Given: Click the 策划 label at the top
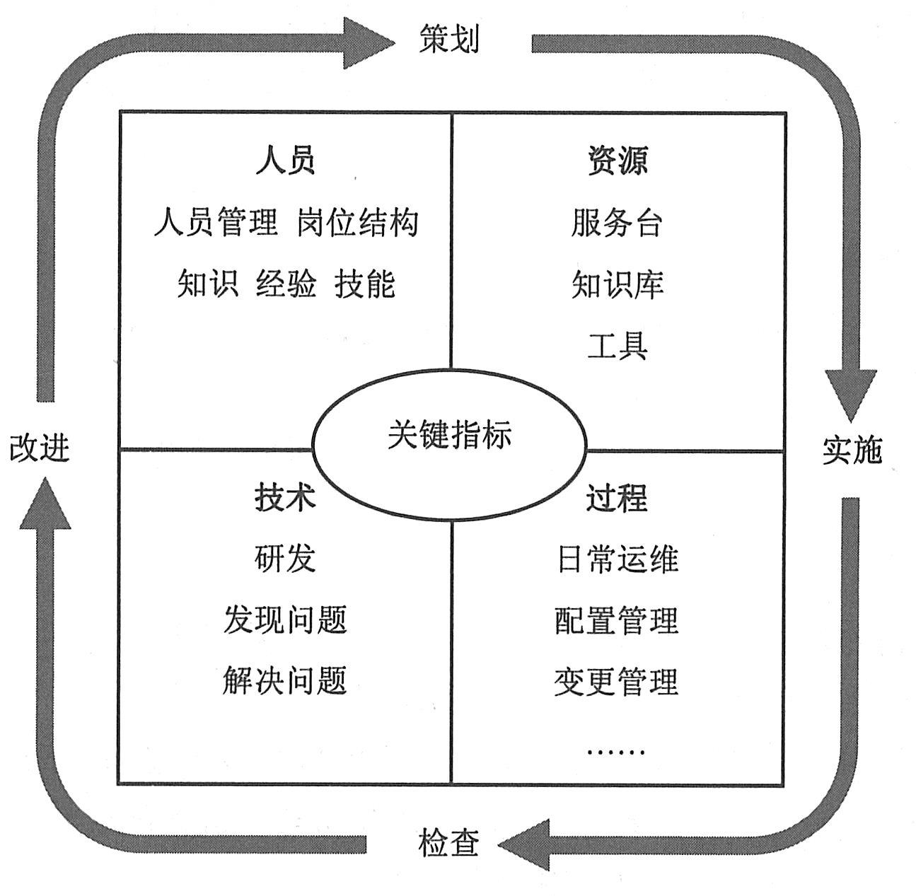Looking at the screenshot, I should (x=449, y=39).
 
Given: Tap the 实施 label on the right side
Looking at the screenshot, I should (x=852, y=450).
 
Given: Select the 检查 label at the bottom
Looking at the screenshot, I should (x=449, y=843).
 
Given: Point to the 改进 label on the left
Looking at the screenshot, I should (x=40, y=448).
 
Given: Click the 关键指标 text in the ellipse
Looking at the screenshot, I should (x=449, y=434).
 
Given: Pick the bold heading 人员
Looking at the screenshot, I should (x=285, y=161).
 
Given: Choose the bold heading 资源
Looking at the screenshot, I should (x=617, y=161).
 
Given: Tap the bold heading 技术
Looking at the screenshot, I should (x=285, y=497).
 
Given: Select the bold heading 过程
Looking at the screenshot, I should (x=617, y=497).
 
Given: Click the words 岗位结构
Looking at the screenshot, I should (x=358, y=223).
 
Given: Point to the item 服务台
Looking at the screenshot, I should (x=617, y=223).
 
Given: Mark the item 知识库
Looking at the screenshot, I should (x=617, y=284).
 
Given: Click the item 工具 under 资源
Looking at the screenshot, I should (x=617, y=347).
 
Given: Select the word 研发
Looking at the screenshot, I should (x=285, y=559).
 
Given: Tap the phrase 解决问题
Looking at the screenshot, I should (x=285, y=682).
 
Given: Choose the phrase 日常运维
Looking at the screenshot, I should (x=617, y=559).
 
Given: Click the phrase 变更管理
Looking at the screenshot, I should (x=617, y=682).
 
